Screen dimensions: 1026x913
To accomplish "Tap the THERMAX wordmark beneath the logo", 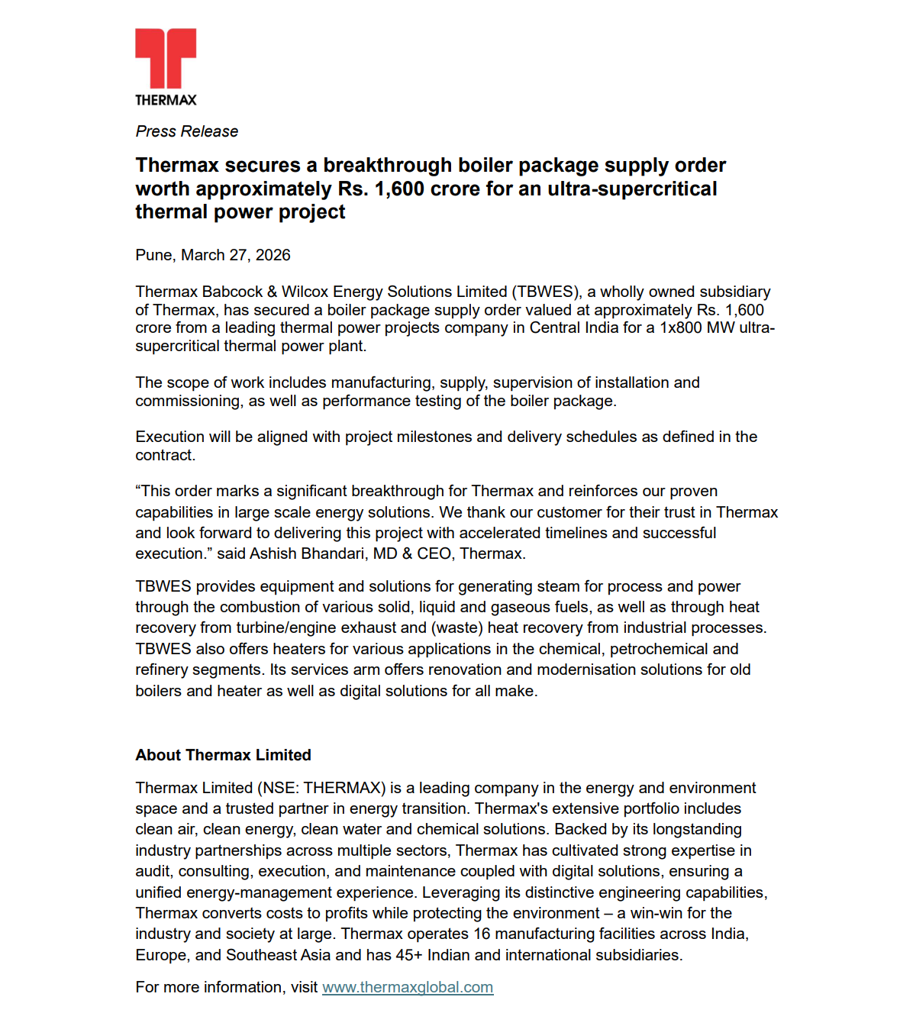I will (166, 100).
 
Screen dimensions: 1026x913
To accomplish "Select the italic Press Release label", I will (186, 131).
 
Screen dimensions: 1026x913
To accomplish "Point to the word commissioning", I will (189, 401).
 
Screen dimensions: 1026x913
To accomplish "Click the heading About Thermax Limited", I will (223, 755).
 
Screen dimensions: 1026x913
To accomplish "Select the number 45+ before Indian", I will (408, 955).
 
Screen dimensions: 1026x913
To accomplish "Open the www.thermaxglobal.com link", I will (408, 987).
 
